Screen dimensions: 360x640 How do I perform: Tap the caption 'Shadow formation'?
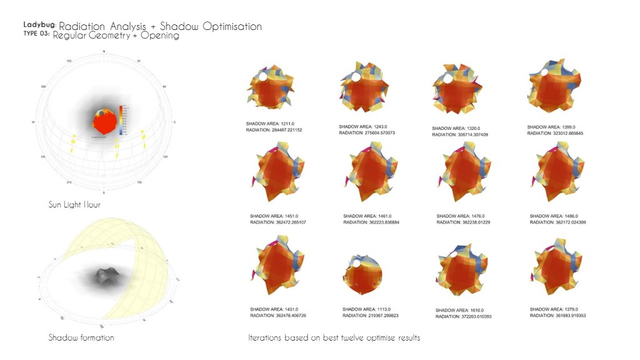click(x=81, y=337)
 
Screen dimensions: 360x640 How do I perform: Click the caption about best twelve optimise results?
click(x=334, y=337)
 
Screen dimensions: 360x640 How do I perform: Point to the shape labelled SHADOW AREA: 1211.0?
click(x=271, y=91)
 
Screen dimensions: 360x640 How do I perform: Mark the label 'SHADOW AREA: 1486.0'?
click(x=553, y=216)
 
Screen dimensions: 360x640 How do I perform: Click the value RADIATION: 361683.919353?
click(x=562, y=316)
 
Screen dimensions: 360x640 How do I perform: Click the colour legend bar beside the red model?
click(x=122, y=119)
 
